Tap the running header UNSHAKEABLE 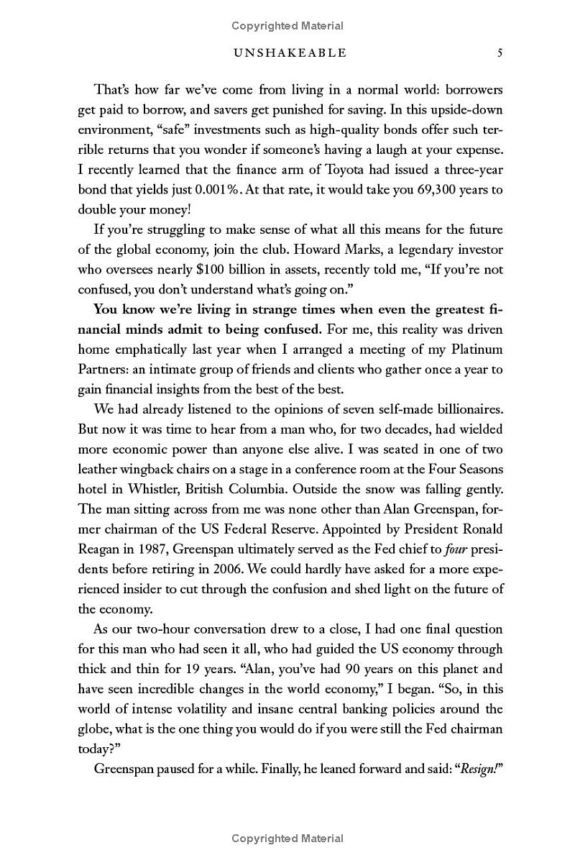click(286, 52)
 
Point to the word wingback click(150, 469)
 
